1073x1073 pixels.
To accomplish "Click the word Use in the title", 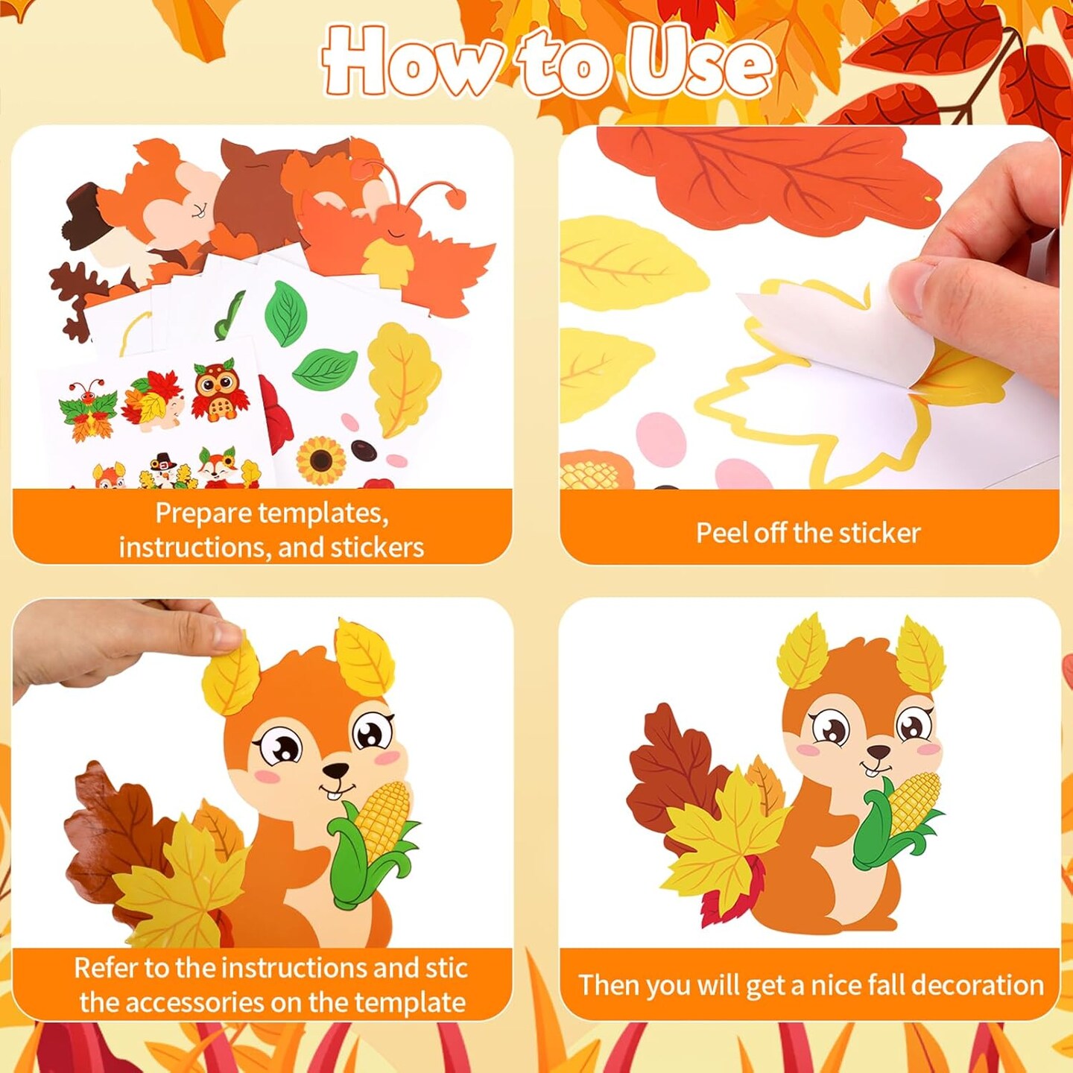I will pos(697,64).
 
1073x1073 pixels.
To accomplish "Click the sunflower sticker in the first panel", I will pos(321,460).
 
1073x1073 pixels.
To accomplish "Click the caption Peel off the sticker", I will pos(808,533).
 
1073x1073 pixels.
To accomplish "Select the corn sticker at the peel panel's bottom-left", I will pos(592,470).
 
